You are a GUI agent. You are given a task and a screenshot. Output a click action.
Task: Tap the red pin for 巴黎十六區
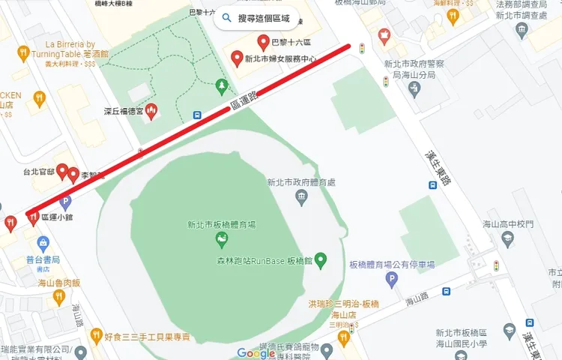[263, 42]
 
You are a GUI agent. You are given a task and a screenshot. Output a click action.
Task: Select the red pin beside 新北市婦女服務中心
[237, 58]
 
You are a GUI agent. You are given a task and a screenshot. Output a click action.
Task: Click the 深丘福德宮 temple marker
[151, 111]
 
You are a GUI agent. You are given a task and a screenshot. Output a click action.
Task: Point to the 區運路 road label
[244, 100]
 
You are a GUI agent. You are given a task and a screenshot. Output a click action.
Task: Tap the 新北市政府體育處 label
[300, 182]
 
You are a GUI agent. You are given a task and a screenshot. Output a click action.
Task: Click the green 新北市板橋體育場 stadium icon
[221, 239]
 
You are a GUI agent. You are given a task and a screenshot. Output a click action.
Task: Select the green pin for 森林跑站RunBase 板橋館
[321, 260]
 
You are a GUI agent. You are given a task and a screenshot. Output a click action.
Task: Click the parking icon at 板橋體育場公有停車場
[390, 280]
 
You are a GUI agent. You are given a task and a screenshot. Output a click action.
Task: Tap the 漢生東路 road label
[433, 158]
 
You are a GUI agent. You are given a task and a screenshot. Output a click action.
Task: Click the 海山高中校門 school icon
[507, 238]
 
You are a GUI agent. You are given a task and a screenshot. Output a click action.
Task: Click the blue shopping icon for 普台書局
[43, 244]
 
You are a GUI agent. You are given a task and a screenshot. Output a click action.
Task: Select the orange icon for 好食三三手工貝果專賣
[96, 335]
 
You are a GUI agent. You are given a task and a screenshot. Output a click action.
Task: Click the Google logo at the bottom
[256, 353]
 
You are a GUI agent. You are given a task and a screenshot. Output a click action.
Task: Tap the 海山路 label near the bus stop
[415, 301]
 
